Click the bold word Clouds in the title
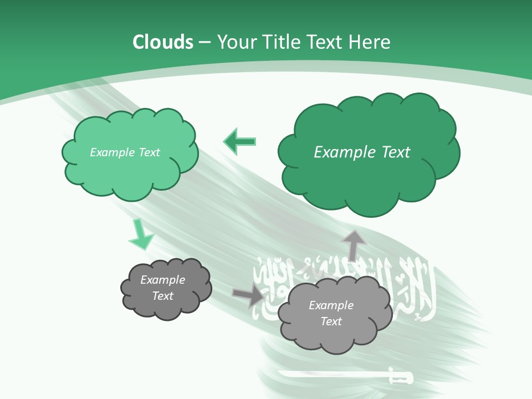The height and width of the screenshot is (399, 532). tap(163, 42)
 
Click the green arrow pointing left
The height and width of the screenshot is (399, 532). tap(240, 141)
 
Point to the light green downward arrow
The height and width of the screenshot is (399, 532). tap(140, 234)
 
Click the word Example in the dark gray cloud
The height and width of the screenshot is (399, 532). tap(163, 280)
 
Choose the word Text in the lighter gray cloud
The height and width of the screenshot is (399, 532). tap(331, 321)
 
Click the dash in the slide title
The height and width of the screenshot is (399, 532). tap(204, 43)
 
